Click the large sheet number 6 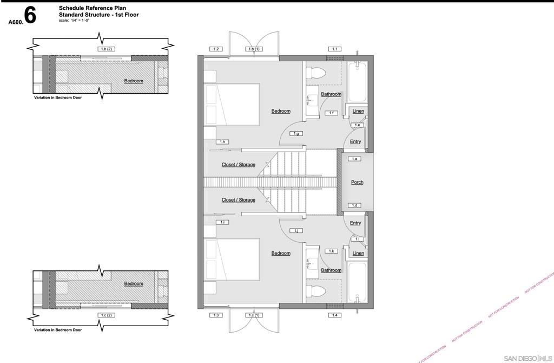pos(30,16)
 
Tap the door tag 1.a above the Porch pos(355,159)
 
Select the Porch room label pos(357,182)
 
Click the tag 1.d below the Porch pos(355,205)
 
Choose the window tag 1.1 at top pos(335,49)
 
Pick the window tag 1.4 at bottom pos(335,315)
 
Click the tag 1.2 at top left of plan pos(216,49)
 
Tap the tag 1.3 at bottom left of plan pos(216,315)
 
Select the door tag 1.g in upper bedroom pos(296,133)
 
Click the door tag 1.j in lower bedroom pos(296,231)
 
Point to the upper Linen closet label pos(358,111)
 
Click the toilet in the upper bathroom pos(317,73)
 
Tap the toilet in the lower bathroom pos(317,291)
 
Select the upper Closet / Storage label pos(238,165)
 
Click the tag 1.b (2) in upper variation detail pos(105,49)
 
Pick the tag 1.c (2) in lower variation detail pos(105,315)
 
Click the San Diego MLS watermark pos(527,358)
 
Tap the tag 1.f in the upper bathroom pos(332,113)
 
